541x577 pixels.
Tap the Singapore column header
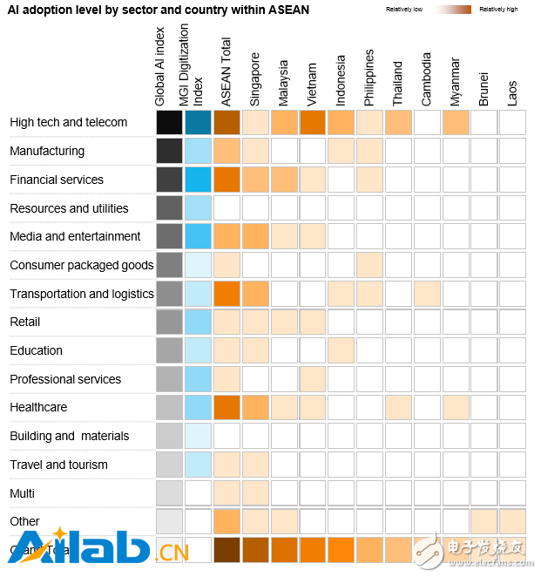[256, 79]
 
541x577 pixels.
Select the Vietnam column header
[313, 83]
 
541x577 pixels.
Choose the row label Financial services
[57, 180]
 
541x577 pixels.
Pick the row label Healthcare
[38, 407]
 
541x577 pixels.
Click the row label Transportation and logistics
[82, 294]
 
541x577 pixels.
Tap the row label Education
[36, 350]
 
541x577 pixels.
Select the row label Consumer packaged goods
[82, 265]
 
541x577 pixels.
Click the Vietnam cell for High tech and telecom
[313, 122]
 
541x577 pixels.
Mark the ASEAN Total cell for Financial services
[227, 180]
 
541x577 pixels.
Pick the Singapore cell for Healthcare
[255, 407]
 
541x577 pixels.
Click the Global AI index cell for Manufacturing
[169, 151]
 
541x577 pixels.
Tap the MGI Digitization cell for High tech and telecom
[198, 122]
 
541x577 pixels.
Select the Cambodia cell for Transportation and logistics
[426, 294]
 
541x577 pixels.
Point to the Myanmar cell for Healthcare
[455, 407]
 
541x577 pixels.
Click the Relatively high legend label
[498, 9]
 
